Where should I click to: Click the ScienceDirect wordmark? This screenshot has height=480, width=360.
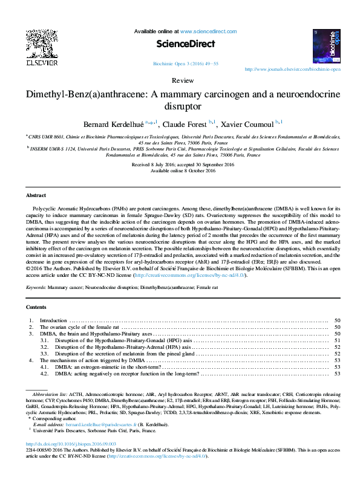[x=180, y=44]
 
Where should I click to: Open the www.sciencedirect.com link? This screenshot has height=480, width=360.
[x=208, y=31]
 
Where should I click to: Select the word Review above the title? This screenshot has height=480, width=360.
[x=180, y=80]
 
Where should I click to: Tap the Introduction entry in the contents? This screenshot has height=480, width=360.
[x=53, y=320]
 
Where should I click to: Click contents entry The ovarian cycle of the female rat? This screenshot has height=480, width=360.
[x=79, y=326]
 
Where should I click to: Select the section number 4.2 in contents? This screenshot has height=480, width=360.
[x=44, y=373]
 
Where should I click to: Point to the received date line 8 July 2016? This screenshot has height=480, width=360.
[x=180, y=164]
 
